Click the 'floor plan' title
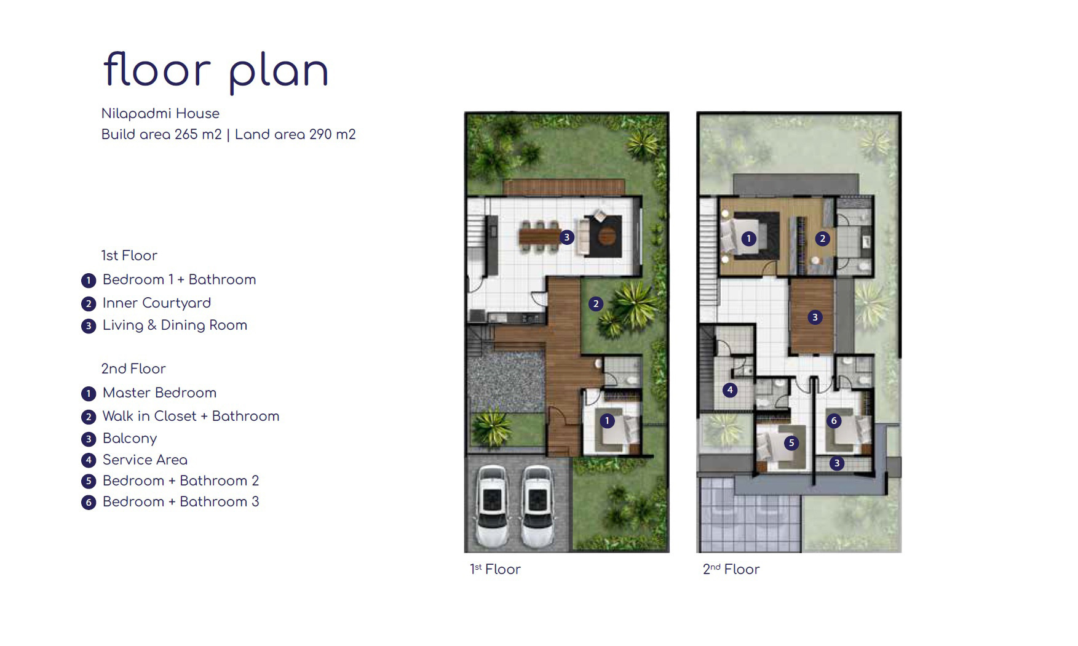216,71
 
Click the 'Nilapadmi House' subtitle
161,113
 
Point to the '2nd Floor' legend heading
133,369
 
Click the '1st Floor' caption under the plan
495,569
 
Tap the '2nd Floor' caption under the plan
731,569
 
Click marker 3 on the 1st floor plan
567,237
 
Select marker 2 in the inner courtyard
595,303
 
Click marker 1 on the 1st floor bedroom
607,421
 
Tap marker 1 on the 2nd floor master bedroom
748,238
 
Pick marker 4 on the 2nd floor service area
730,389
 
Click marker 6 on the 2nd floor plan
834,421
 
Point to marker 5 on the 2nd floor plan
791,442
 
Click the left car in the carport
492,506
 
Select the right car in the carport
537,506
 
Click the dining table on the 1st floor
539,236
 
